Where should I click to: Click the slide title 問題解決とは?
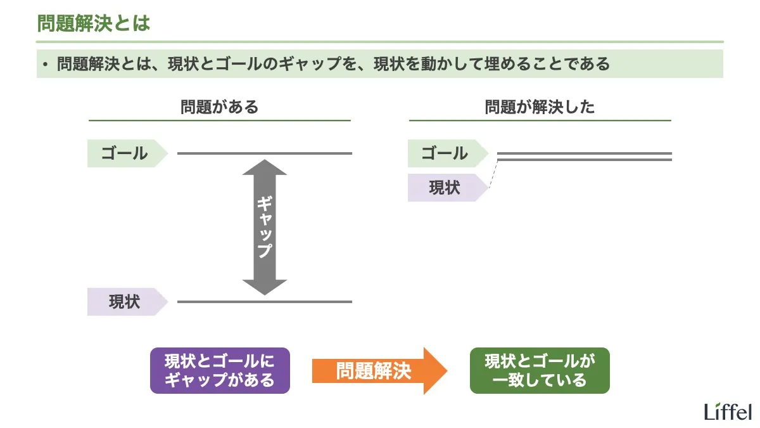coord(94,23)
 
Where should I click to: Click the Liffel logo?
coord(728,412)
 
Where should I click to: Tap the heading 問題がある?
coord(219,107)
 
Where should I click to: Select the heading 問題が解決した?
coord(540,107)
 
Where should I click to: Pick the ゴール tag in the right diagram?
coord(445,153)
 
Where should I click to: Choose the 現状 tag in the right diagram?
coord(445,188)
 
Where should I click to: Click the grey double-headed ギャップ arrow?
coord(265,227)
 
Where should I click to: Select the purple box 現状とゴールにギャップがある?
coord(220,371)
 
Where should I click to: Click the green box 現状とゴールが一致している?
coord(540,371)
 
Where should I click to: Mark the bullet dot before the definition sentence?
coord(46,64)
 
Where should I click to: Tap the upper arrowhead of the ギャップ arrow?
coord(265,170)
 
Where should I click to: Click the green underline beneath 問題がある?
coord(219,120)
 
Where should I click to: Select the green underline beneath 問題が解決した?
coord(540,120)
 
